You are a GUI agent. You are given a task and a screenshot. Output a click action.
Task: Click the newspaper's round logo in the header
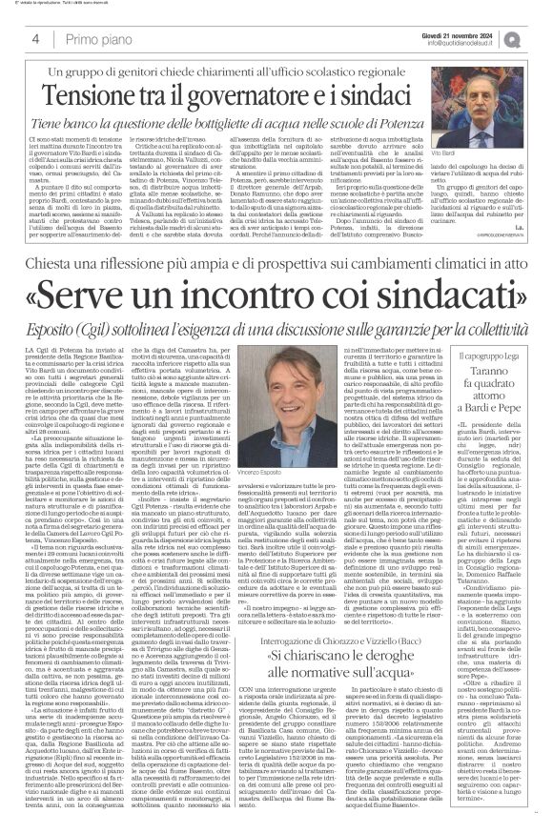coord(534,38)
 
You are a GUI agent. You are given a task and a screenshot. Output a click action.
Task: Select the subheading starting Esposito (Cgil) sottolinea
coord(276,311)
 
